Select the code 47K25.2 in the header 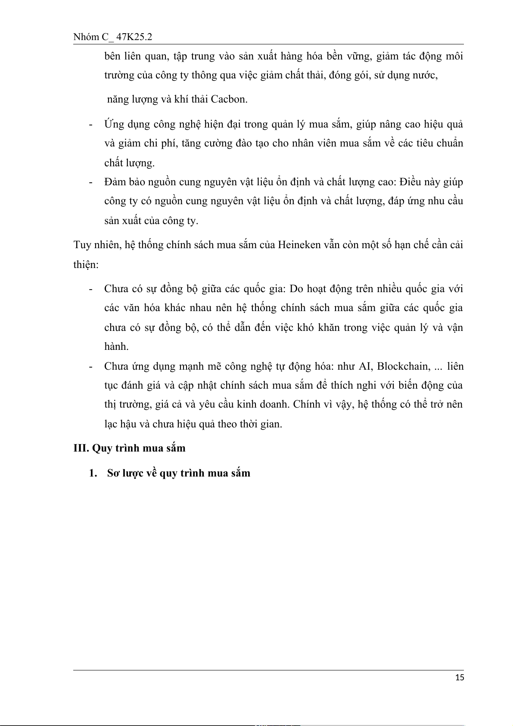(134, 37)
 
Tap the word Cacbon (229, 99)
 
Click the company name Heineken (299, 245)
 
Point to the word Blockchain (403, 366)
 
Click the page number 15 (460, 677)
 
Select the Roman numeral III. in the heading (81, 448)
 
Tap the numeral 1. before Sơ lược (93, 473)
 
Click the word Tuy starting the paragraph (81, 245)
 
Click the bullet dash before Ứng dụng (91, 125)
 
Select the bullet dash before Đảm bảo (91, 182)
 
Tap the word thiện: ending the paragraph (86, 264)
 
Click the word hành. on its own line (116, 346)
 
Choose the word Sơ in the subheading (113, 473)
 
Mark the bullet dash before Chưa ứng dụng (91, 366)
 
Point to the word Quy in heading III (102, 448)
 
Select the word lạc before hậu (111, 424)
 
